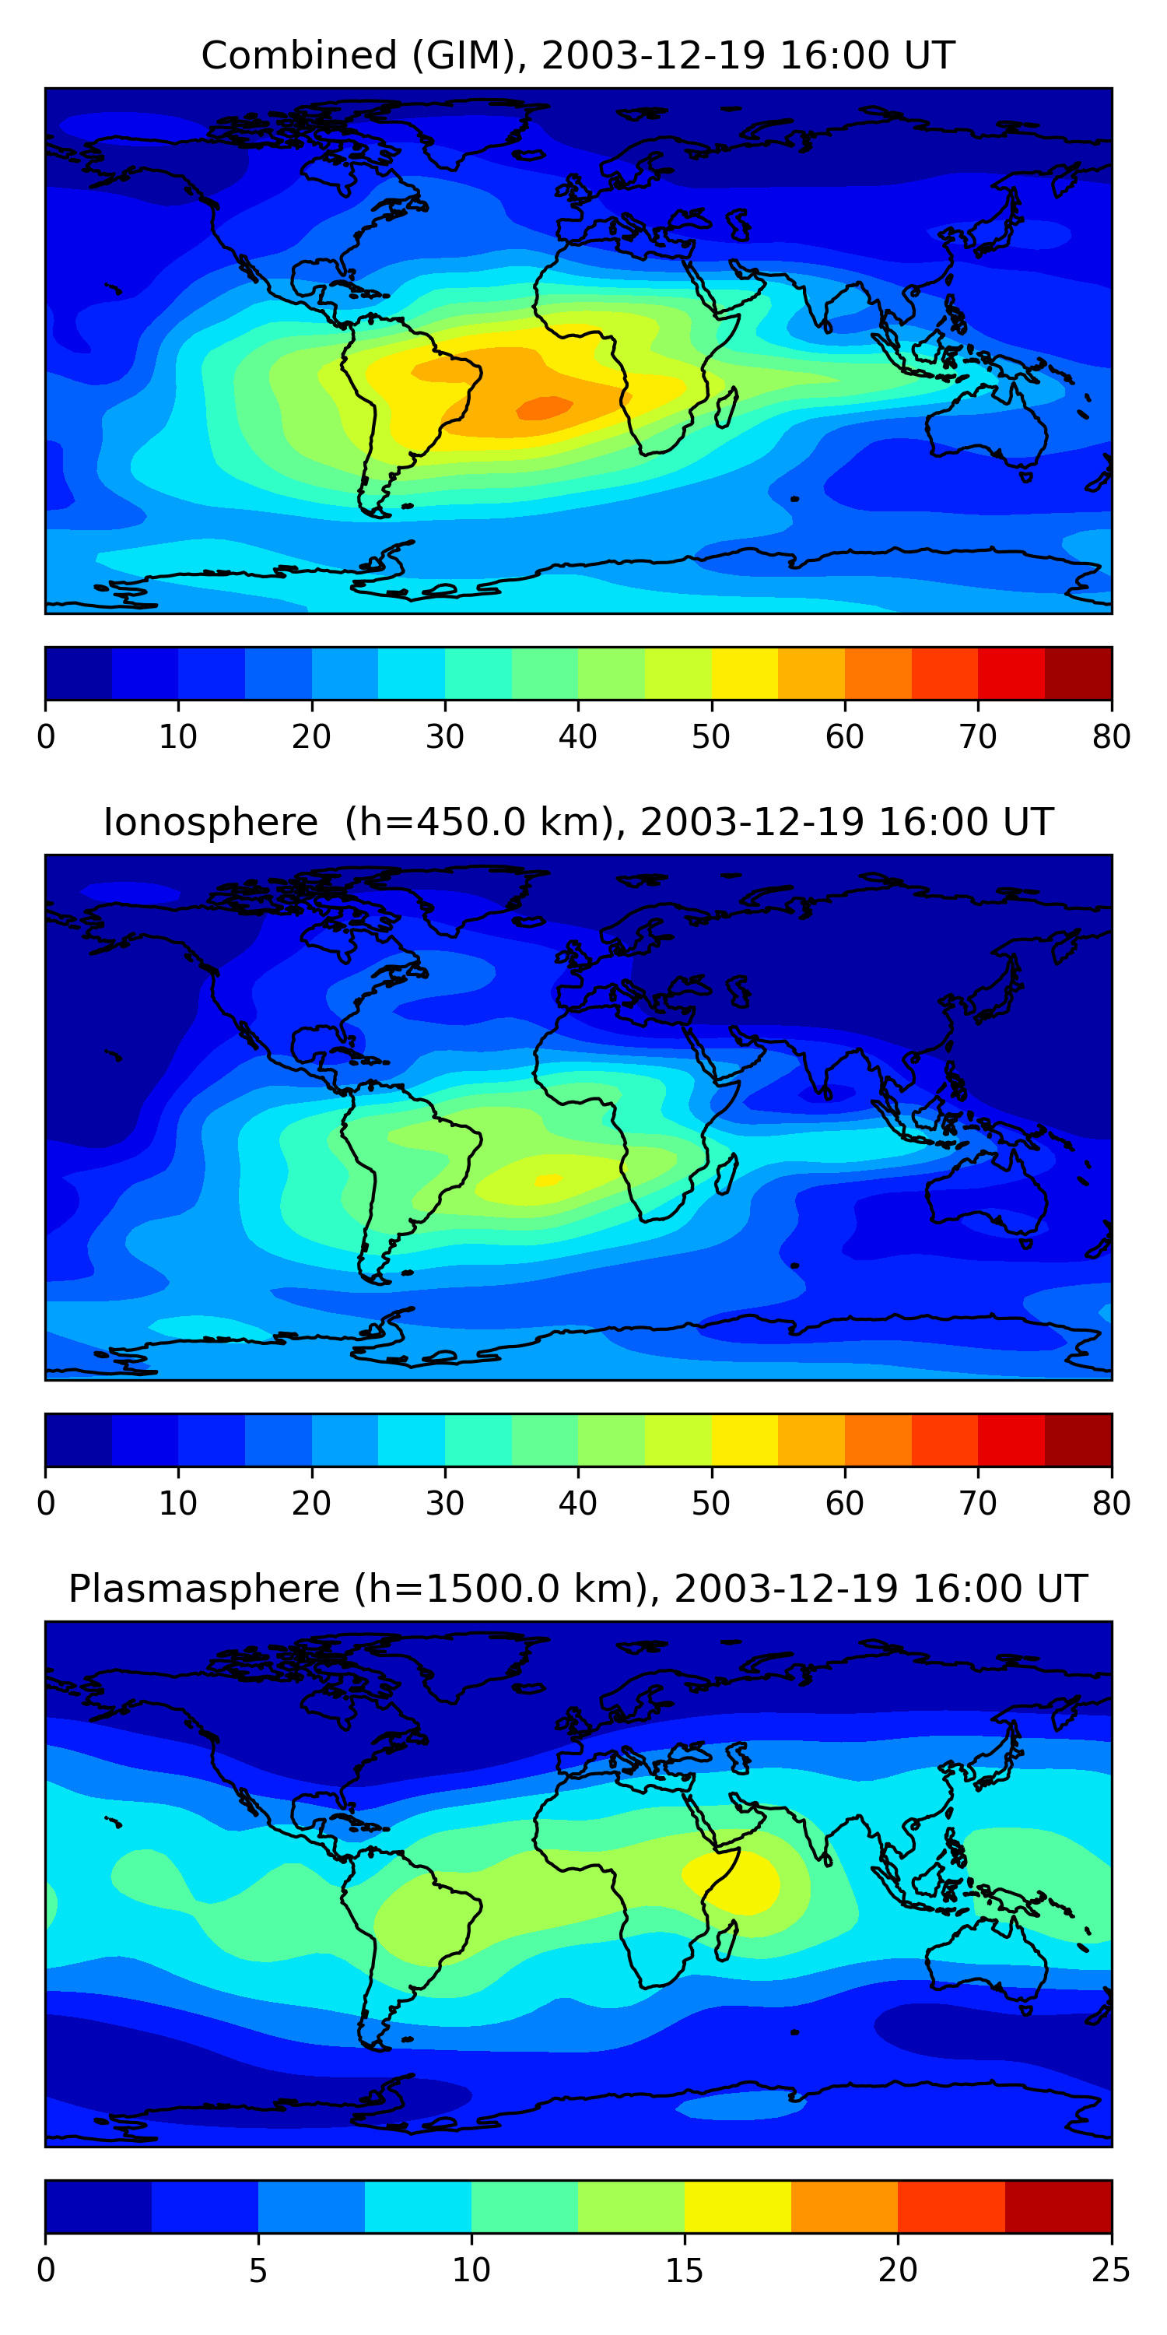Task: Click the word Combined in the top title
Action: (x=299, y=56)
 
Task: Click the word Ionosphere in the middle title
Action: (x=210, y=823)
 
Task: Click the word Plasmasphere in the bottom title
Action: (x=203, y=1589)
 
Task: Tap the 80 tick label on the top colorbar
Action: (x=1111, y=737)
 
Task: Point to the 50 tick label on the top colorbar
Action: (x=710, y=737)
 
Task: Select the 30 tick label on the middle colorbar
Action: (x=445, y=1503)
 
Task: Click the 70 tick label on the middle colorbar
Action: (x=978, y=1503)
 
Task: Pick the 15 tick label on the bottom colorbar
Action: (x=684, y=2270)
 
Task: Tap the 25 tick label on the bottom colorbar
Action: (x=1111, y=2270)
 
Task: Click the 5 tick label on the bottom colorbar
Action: (x=258, y=2270)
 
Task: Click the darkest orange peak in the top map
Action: (x=545, y=409)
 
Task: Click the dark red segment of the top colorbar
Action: (x=1078, y=673)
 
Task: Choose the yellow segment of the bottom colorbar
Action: (x=738, y=2207)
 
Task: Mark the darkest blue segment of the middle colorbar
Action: (x=78, y=1439)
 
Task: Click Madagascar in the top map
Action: (x=727, y=408)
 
